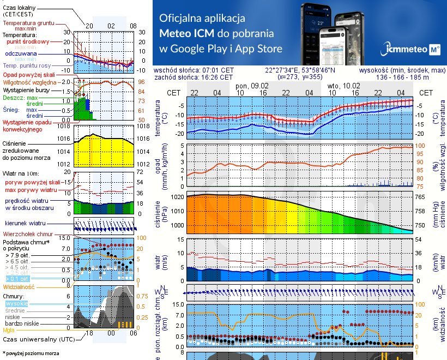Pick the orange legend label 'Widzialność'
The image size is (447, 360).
(19, 286)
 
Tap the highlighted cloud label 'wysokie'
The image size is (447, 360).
(16, 303)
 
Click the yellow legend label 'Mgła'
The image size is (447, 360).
(9, 330)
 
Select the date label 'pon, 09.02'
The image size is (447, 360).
(252, 86)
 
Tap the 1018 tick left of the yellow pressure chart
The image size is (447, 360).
(65, 126)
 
